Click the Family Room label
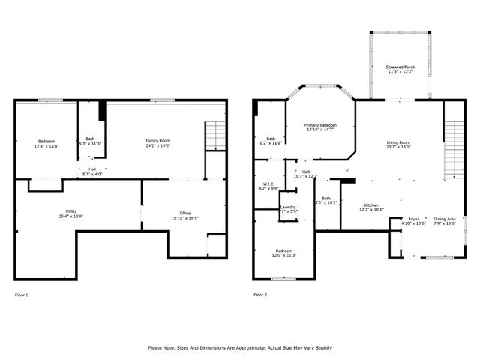(158, 140)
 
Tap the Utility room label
(71, 211)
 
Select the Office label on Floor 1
(174, 214)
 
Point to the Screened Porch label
(400, 67)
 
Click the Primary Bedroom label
(320, 124)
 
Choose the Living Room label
(398, 142)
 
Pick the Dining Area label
(445, 219)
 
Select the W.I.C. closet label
(268, 184)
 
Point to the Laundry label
(289, 207)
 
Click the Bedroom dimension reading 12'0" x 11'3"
(284, 255)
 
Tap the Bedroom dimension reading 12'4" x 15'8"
(46, 145)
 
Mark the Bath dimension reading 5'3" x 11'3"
(90, 143)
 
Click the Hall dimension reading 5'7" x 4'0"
(91, 174)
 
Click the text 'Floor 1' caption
(22, 295)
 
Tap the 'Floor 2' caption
(260, 295)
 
